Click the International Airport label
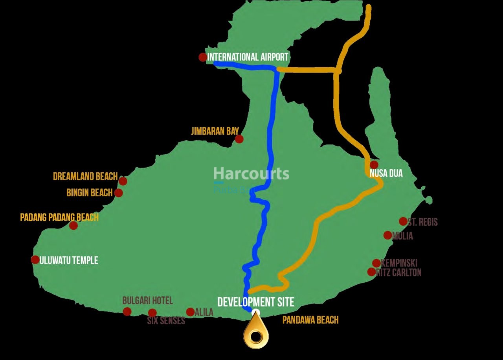click(248, 57)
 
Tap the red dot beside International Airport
click(202, 57)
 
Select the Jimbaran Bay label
click(215, 131)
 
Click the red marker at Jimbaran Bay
click(239, 139)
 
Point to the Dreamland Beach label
click(85, 176)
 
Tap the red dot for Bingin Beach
click(118, 193)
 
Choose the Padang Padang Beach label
click(59, 217)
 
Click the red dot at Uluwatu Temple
click(35, 259)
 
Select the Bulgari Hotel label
click(147, 301)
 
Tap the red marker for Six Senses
click(152, 313)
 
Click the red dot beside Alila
click(190, 312)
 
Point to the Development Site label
click(256, 302)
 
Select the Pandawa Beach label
click(310, 320)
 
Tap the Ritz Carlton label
click(399, 272)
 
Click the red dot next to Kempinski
click(376, 263)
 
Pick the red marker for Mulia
click(387, 235)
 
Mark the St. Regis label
click(422, 222)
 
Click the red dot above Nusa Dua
click(374, 164)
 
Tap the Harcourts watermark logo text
click(251, 174)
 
